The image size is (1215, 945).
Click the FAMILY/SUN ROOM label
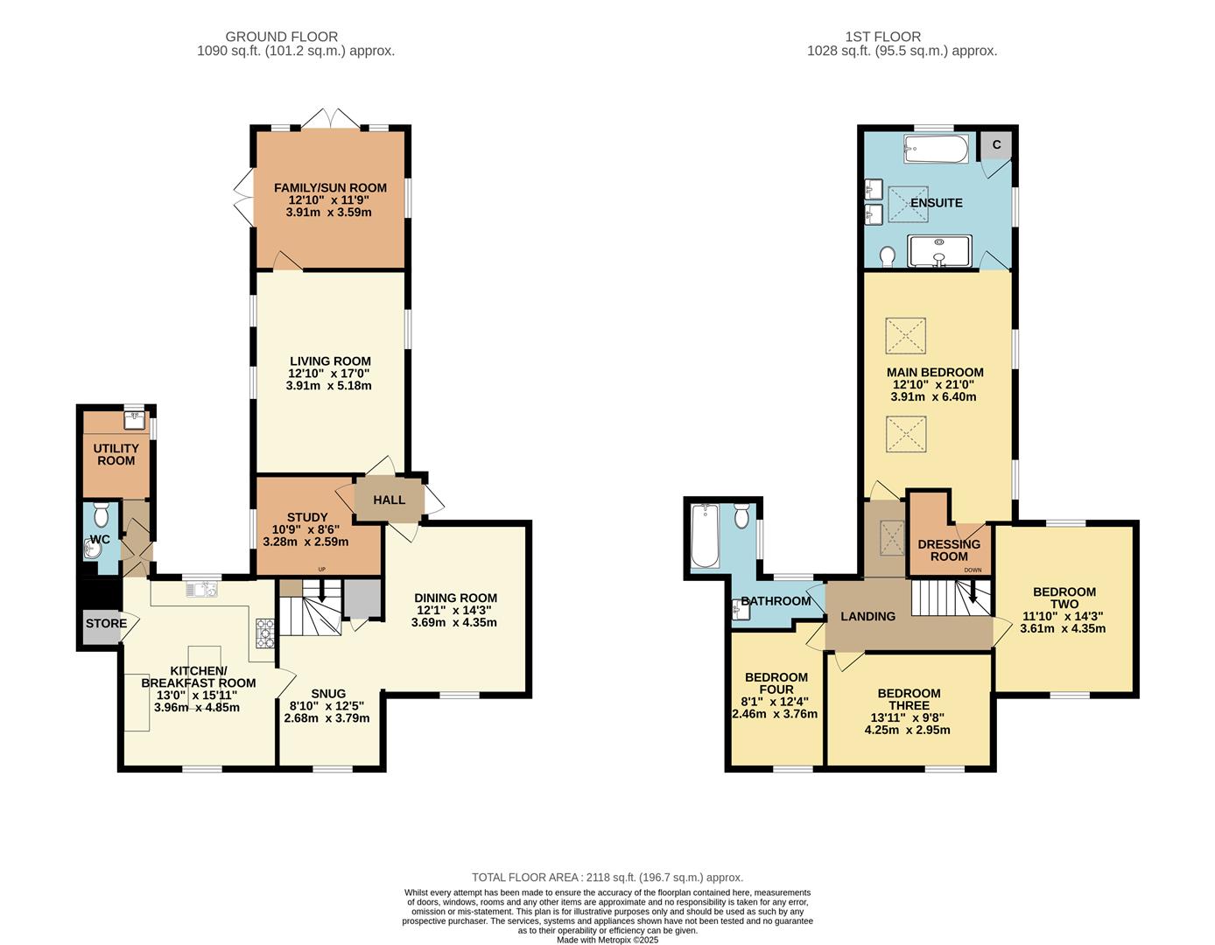tap(330, 188)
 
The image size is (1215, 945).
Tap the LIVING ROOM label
tap(330, 361)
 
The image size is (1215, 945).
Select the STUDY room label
tap(306, 518)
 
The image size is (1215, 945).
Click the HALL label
tap(390, 500)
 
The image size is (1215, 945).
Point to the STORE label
tap(105, 624)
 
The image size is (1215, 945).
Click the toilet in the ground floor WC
tap(101, 514)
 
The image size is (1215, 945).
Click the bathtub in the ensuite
tap(936, 149)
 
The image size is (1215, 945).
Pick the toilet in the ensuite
tap(886, 255)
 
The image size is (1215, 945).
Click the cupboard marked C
tap(996, 145)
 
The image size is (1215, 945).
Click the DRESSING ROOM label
tap(949, 550)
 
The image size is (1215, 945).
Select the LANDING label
tap(867, 616)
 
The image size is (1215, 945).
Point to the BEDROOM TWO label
tap(1064, 598)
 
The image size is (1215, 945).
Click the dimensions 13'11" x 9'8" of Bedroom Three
tap(908, 717)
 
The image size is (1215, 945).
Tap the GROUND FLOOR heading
tap(281, 37)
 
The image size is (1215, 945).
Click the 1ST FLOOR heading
tap(882, 37)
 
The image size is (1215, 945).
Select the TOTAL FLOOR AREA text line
tap(607, 877)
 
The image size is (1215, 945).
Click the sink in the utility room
tap(135, 420)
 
